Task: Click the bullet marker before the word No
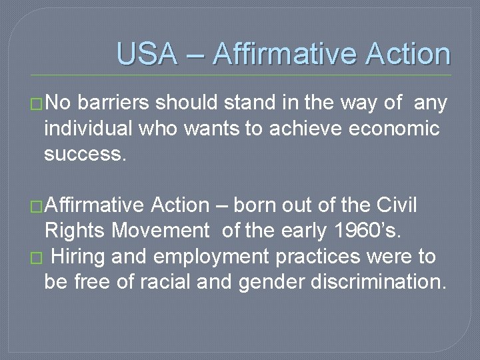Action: click(x=37, y=104)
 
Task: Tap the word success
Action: click(x=83, y=154)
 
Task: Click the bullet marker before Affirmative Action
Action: click(x=37, y=207)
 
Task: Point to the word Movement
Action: click(x=161, y=231)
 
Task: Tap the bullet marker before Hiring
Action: click(x=37, y=258)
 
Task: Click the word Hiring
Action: click(x=81, y=257)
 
